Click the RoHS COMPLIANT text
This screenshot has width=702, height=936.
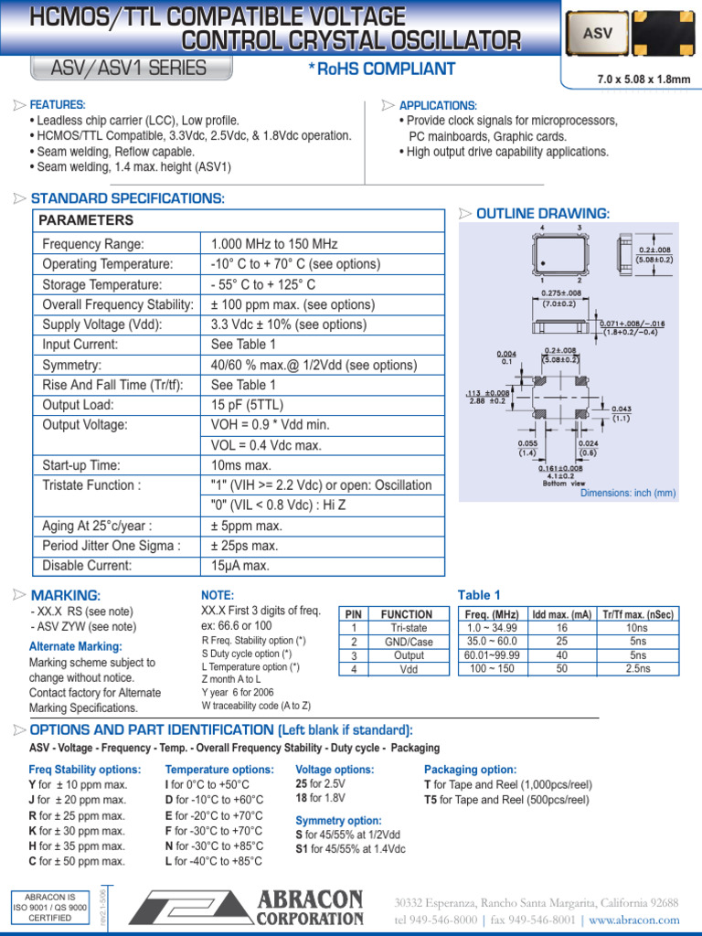(x=382, y=69)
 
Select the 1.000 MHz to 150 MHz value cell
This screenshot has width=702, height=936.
(x=274, y=244)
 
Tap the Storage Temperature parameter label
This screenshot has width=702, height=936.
(x=101, y=284)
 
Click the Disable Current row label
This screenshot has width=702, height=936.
(x=87, y=566)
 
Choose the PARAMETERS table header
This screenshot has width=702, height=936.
(x=86, y=220)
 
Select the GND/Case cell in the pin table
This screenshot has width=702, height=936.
(x=407, y=642)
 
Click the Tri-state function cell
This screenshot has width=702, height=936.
(x=407, y=628)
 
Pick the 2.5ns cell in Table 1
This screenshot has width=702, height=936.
(x=637, y=669)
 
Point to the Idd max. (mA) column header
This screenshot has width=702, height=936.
(x=561, y=614)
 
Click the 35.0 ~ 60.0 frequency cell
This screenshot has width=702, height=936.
(x=491, y=642)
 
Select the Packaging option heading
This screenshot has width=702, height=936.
(x=470, y=770)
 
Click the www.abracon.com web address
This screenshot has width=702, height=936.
(x=634, y=920)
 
